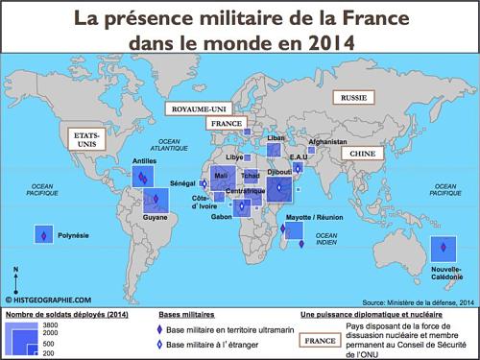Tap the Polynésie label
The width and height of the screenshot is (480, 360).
pos(75,233)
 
